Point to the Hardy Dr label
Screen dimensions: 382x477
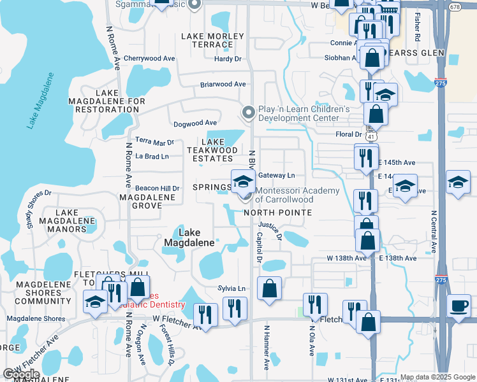click(x=228, y=59)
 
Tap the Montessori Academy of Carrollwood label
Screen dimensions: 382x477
click(x=297, y=195)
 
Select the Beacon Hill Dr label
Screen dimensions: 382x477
click(x=157, y=188)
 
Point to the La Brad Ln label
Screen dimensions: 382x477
click(x=152, y=156)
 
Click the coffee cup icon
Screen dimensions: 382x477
click(x=459, y=304)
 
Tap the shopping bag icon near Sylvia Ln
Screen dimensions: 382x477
click(x=269, y=288)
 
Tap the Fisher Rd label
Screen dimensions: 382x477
click(x=418, y=25)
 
